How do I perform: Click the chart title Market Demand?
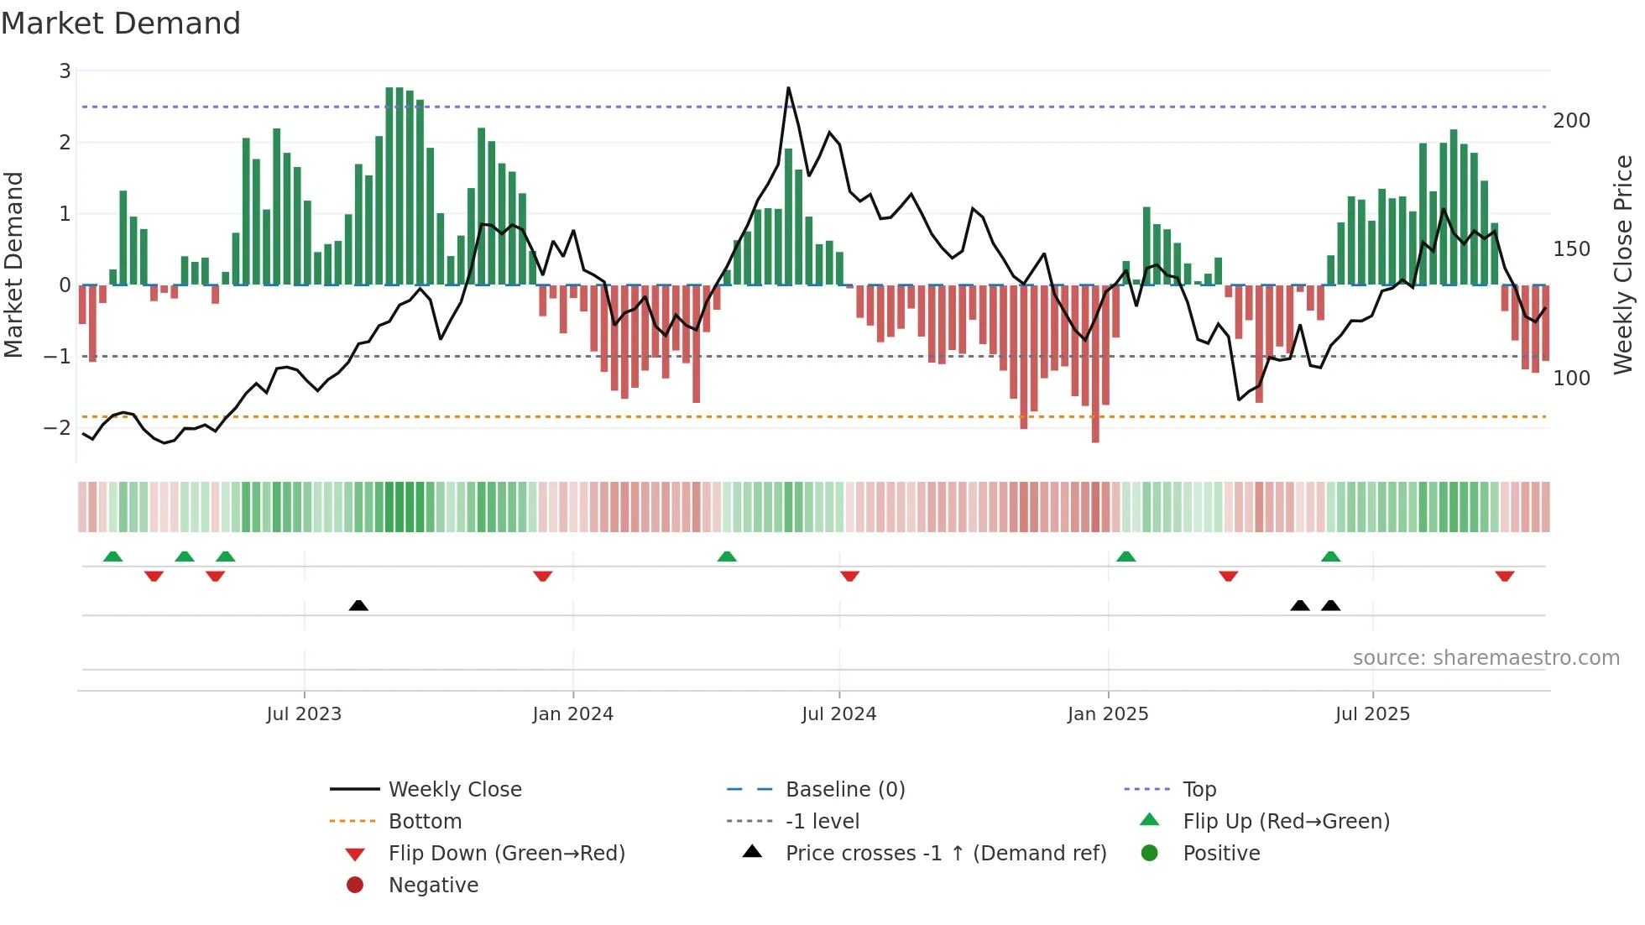pyautogui.click(x=121, y=24)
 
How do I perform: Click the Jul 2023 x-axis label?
pyautogui.click(x=304, y=714)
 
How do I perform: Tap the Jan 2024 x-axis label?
pyautogui.click(x=572, y=714)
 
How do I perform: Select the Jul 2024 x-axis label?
pyautogui.click(x=838, y=714)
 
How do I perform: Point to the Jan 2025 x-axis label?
pyautogui.click(x=1107, y=714)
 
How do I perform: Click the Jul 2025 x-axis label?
pyautogui.click(x=1372, y=714)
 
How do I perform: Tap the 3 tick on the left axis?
pyautogui.click(x=65, y=71)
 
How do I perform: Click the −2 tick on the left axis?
pyautogui.click(x=58, y=428)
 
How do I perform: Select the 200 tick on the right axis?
pyautogui.click(x=1571, y=121)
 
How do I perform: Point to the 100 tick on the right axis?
pyautogui.click(x=1571, y=379)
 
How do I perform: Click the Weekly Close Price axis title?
pyautogui.click(x=1623, y=264)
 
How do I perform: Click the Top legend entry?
pyautogui.click(x=1198, y=790)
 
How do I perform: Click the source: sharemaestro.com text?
pyautogui.click(x=1486, y=658)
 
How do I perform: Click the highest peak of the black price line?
pyautogui.click(x=788, y=87)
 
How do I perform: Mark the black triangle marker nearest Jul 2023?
pyautogui.click(x=358, y=605)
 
